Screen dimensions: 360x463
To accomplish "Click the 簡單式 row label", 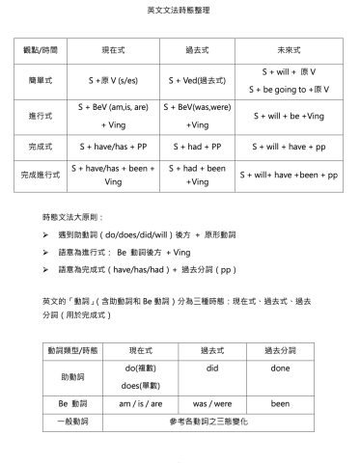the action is click(38, 80).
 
